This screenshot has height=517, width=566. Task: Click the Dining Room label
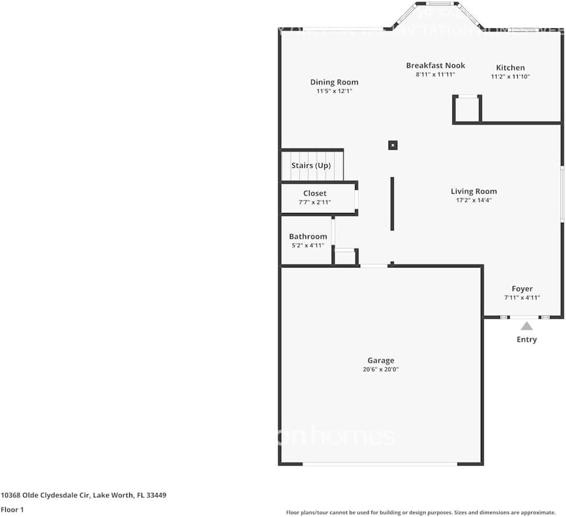[x=334, y=82]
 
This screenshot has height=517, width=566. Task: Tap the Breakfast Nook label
[x=435, y=66]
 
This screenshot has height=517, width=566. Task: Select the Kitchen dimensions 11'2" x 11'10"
[x=510, y=77]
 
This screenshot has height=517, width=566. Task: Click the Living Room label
[x=474, y=191]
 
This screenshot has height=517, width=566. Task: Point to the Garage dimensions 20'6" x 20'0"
[x=380, y=369]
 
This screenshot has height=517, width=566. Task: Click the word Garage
[x=380, y=360]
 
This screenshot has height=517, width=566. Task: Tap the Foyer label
[x=522, y=289]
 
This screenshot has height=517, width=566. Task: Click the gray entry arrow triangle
[x=527, y=326]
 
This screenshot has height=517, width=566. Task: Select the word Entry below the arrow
[x=527, y=339]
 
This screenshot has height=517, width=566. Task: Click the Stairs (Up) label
[x=311, y=165]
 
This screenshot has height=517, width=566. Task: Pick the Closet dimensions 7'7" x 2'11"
[x=315, y=203]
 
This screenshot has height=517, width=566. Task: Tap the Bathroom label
[x=308, y=237]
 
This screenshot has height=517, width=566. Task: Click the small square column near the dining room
[x=393, y=145]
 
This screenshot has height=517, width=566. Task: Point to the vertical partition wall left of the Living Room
[x=392, y=204]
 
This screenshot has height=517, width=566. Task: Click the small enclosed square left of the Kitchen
[x=467, y=109]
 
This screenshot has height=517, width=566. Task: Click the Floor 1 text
[x=12, y=510]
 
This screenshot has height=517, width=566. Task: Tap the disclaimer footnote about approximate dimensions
[x=420, y=512]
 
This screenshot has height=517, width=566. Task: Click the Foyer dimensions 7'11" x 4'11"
[x=522, y=298]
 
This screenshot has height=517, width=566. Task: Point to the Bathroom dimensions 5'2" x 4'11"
[x=308, y=245]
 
